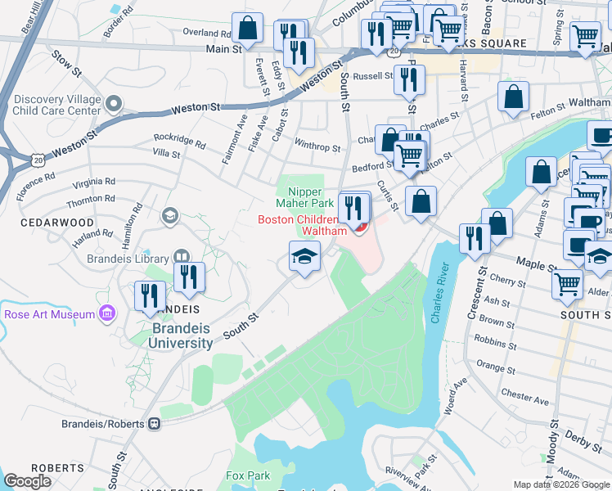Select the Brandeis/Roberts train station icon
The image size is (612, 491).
pyautogui.click(x=153, y=424)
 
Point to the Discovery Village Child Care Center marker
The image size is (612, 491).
pyautogui.click(x=114, y=104)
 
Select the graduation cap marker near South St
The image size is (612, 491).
pyautogui.click(x=304, y=258)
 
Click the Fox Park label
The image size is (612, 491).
pyautogui.click(x=248, y=475)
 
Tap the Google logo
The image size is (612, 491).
pyautogui.click(x=28, y=481)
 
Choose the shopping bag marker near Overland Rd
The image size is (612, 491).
pyautogui.click(x=246, y=27)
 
